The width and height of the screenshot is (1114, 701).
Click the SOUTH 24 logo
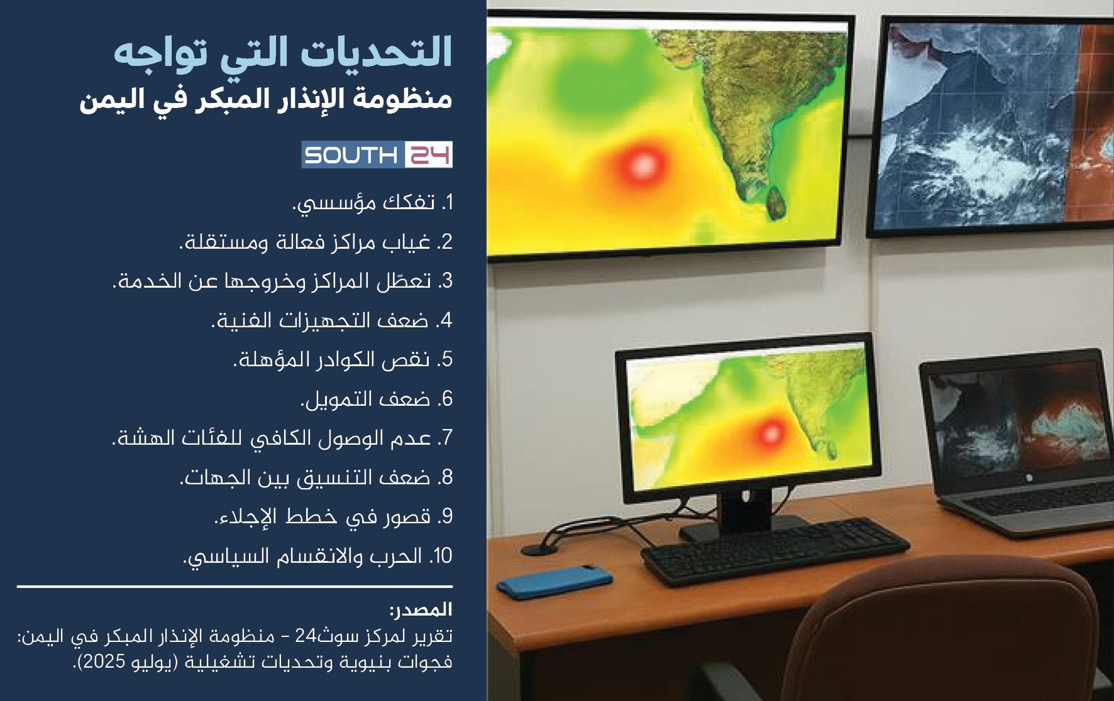coord(377,155)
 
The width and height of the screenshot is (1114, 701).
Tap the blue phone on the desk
coord(554,581)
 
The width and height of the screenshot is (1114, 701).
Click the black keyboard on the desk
coord(775,552)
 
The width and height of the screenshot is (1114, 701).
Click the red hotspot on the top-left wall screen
coord(642,165)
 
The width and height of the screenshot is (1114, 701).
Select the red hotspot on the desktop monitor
coord(771,433)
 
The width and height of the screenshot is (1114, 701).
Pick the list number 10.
coord(441,556)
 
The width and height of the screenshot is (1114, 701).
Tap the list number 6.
coord(446,399)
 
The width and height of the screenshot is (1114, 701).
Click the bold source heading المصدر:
coord(421,609)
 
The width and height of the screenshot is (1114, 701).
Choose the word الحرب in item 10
coord(396,556)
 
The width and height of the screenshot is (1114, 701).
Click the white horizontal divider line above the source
coord(234,587)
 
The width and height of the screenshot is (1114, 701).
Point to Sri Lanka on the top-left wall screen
coord(777,202)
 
